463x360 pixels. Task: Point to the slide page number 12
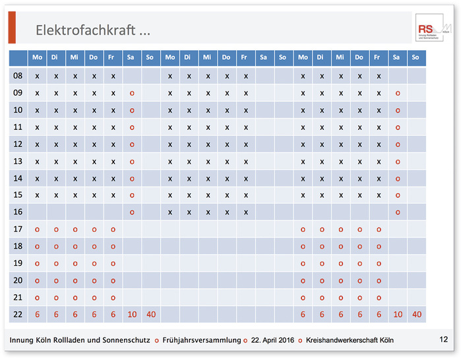coord(443,340)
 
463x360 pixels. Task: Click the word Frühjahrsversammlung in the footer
coord(201,340)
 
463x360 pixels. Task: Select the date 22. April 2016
coord(271,340)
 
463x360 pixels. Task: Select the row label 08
coord(18,76)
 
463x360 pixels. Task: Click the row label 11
coord(18,127)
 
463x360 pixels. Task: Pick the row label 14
coord(18,178)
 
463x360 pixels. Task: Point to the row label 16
coord(18,212)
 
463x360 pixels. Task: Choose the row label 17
coord(18,229)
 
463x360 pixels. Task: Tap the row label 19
coord(18,263)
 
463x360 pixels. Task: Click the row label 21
coord(18,297)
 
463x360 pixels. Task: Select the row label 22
coord(18,315)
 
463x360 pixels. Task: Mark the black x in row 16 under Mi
coord(208,212)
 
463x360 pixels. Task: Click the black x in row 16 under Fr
coord(245,212)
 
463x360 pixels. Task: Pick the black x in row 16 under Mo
coord(170,212)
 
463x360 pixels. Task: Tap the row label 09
coord(18,93)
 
